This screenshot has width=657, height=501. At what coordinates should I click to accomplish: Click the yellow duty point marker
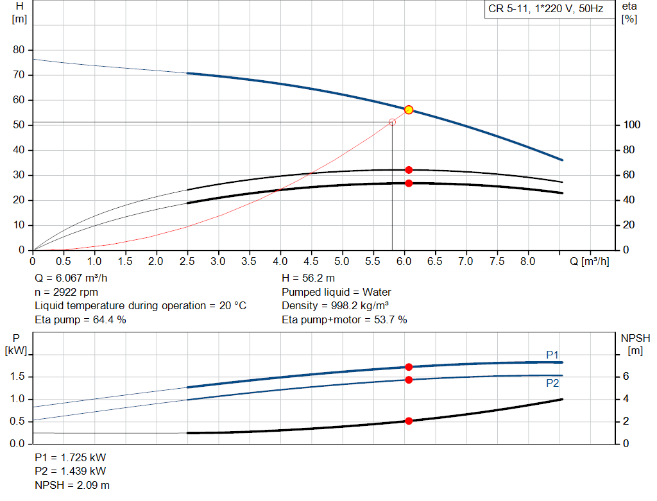[x=409, y=110]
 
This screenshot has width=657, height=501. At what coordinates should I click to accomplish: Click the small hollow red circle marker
[x=392, y=122]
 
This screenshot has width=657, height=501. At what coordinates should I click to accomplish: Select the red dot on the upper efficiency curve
[x=409, y=170]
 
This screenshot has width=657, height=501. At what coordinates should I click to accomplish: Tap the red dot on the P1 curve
[x=409, y=367]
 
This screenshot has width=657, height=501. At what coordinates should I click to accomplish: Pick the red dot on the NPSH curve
[x=409, y=421]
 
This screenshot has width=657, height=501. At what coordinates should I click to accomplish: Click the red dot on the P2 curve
[x=409, y=380]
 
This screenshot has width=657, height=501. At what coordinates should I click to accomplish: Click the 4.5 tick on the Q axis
[x=312, y=262]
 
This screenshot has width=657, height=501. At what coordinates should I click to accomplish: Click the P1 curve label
[x=552, y=355]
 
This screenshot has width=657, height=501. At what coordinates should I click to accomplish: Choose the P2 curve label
[x=552, y=383]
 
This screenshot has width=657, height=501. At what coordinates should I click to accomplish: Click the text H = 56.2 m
[x=308, y=278]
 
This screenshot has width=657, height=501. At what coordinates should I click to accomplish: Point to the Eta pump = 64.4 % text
[x=80, y=319]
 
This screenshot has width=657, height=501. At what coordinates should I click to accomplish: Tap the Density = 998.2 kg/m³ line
[x=336, y=305]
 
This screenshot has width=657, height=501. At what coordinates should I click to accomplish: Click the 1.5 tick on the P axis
[x=18, y=377]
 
